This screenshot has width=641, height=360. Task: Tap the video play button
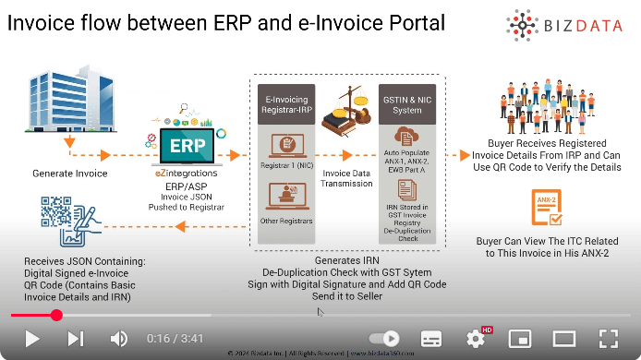click(x=31, y=338)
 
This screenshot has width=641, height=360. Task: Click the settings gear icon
click(x=476, y=338)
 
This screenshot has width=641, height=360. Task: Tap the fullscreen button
click(x=608, y=338)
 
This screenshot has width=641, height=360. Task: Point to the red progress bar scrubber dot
click(x=56, y=315)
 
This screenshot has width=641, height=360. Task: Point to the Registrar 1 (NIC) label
click(x=285, y=169)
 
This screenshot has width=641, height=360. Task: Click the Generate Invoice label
click(x=70, y=173)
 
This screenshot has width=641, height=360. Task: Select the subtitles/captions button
click(x=431, y=338)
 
